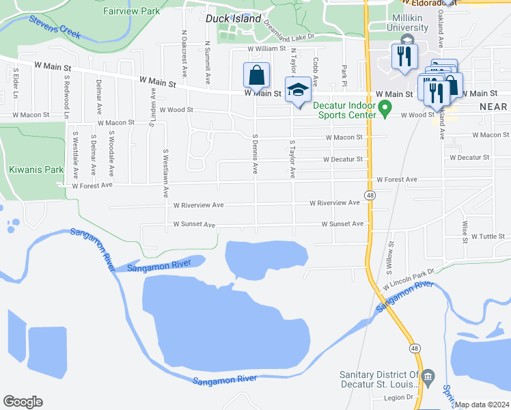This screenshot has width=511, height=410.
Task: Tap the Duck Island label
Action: coord(233,19)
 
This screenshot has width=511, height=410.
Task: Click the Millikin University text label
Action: coord(407,22)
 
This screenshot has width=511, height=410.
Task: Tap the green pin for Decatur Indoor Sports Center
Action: coord(385,108)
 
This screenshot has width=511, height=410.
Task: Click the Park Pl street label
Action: coord(344,72)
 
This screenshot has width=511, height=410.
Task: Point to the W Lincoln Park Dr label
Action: coord(409,277)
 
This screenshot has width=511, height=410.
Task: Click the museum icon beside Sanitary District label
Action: coord(428,375)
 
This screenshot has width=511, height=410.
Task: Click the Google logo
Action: coord(23,402)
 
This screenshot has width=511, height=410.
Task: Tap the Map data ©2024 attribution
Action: coord(482,405)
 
